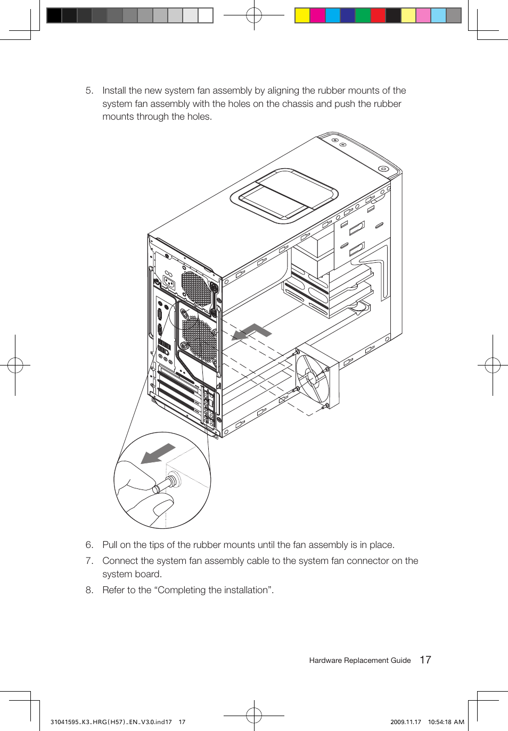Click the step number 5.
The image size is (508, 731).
tap(89, 91)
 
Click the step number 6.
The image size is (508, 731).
tap(89, 545)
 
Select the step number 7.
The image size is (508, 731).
tap(89, 561)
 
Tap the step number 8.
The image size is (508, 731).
tap(89, 590)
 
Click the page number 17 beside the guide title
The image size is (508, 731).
tap(425, 660)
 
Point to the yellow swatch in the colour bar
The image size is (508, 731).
tap(302, 15)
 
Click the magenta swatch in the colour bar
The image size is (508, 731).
tap(317, 15)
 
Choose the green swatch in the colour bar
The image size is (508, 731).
tap(363, 15)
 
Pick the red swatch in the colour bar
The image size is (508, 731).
tap(378, 15)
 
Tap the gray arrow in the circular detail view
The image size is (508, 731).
tap(158, 454)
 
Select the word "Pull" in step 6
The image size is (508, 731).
tap(110, 545)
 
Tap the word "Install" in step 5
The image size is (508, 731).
tap(114, 91)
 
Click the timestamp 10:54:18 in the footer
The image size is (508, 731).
tap(439, 722)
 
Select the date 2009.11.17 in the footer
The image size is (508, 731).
tap(405, 722)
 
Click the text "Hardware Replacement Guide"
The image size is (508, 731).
tap(359, 660)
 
